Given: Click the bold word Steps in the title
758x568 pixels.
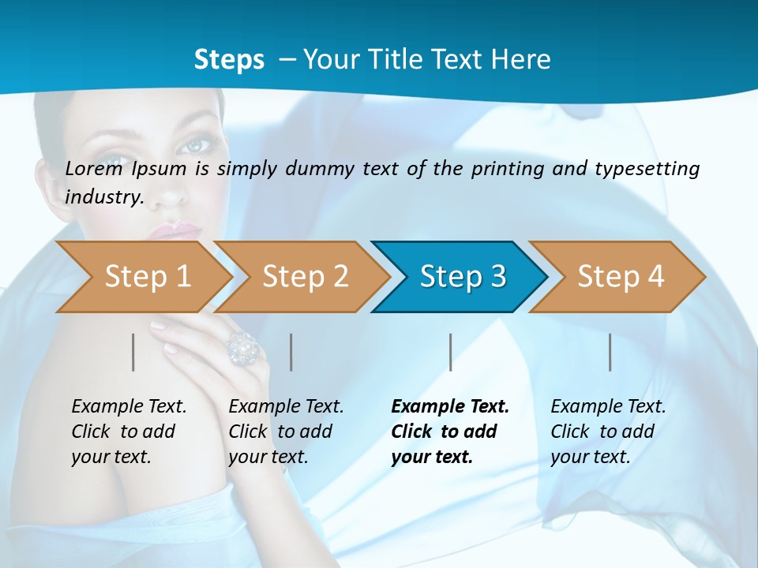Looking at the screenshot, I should click(x=229, y=60).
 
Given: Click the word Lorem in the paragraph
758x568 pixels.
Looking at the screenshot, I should click(x=94, y=168).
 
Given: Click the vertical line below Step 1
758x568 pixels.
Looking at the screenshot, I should click(x=133, y=352).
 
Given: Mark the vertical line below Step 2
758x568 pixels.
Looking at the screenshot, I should click(x=291, y=352).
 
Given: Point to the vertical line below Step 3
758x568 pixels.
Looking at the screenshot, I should click(x=450, y=352).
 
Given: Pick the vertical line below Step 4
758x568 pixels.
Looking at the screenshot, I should click(x=610, y=352).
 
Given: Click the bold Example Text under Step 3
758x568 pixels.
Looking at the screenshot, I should click(x=450, y=407).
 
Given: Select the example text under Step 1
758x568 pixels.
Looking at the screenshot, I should click(x=129, y=432).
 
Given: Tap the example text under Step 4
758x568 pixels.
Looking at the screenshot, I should click(x=608, y=432).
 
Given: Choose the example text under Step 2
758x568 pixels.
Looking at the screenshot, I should click(x=286, y=432).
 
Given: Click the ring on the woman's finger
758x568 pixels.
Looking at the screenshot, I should click(x=243, y=347).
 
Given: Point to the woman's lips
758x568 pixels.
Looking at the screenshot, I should click(x=175, y=230).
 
